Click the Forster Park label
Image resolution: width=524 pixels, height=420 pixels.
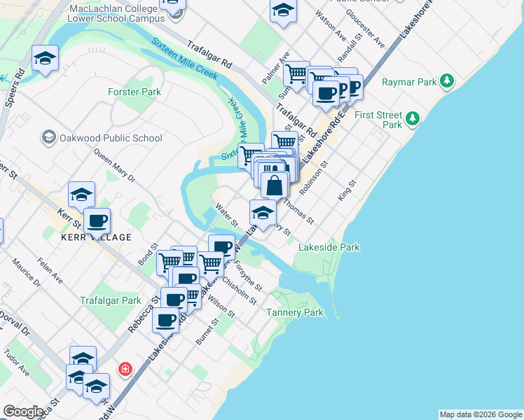click(135, 92)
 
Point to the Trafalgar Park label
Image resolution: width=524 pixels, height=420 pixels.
click(111, 300)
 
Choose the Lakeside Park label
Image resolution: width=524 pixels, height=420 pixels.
click(329, 247)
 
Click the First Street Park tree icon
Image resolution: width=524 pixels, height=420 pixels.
click(413, 117)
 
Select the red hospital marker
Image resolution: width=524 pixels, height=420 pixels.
click(125, 368)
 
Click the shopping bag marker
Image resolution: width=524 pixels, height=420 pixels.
click(275, 185)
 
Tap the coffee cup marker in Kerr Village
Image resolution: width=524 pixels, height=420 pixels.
click(97, 220)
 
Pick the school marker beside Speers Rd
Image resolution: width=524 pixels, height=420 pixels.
click(45, 58)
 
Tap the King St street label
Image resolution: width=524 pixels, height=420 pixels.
click(347, 190)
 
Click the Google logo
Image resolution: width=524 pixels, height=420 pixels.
click(23, 412)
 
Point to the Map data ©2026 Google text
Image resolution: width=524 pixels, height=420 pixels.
click(480, 414)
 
